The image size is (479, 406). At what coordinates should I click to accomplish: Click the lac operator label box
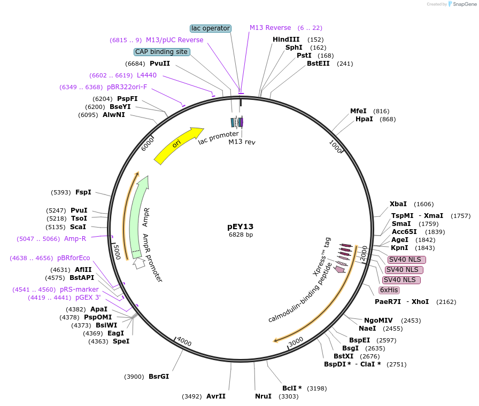[211, 28]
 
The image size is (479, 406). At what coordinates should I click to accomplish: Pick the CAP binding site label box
[161, 52]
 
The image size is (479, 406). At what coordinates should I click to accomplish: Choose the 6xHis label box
[389, 290]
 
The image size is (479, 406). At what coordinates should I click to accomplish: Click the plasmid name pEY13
[241, 226]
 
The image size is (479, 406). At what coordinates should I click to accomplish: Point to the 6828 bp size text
[241, 235]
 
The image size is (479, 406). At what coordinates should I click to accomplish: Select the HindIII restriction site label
[286, 40]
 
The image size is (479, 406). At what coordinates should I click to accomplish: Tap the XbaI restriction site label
[398, 204]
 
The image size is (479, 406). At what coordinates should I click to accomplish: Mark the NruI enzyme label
[263, 396]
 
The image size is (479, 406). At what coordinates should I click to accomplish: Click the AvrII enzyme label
[216, 396]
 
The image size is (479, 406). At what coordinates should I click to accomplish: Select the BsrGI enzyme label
[159, 377]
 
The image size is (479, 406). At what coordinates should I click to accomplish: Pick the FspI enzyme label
[83, 192]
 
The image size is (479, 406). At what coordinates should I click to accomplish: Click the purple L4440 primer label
[146, 75]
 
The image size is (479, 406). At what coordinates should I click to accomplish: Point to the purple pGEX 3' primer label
[88, 298]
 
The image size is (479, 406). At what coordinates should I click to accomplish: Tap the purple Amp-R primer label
[75, 239]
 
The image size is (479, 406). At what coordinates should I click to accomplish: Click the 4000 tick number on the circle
[184, 341]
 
